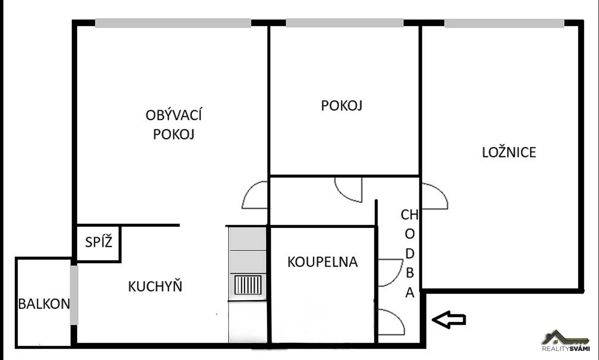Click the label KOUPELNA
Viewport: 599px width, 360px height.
tap(322, 262)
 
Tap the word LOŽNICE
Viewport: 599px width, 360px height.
tap(509, 152)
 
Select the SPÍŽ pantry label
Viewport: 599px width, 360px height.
tap(99, 242)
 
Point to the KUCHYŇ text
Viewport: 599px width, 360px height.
tap(155, 286)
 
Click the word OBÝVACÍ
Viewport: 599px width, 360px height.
tap(173, 115)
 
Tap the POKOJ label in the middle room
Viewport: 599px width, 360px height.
tap(342, 105)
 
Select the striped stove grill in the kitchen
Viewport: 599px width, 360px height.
tap(248, 285)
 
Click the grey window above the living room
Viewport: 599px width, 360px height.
tap(173, 23)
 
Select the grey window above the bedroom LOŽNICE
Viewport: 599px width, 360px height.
tap(504, 23)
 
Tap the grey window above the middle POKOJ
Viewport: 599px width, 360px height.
tap(344, 23)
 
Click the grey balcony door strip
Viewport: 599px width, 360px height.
tap(74, 295)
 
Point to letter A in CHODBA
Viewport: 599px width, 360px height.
tap(410, 293)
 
